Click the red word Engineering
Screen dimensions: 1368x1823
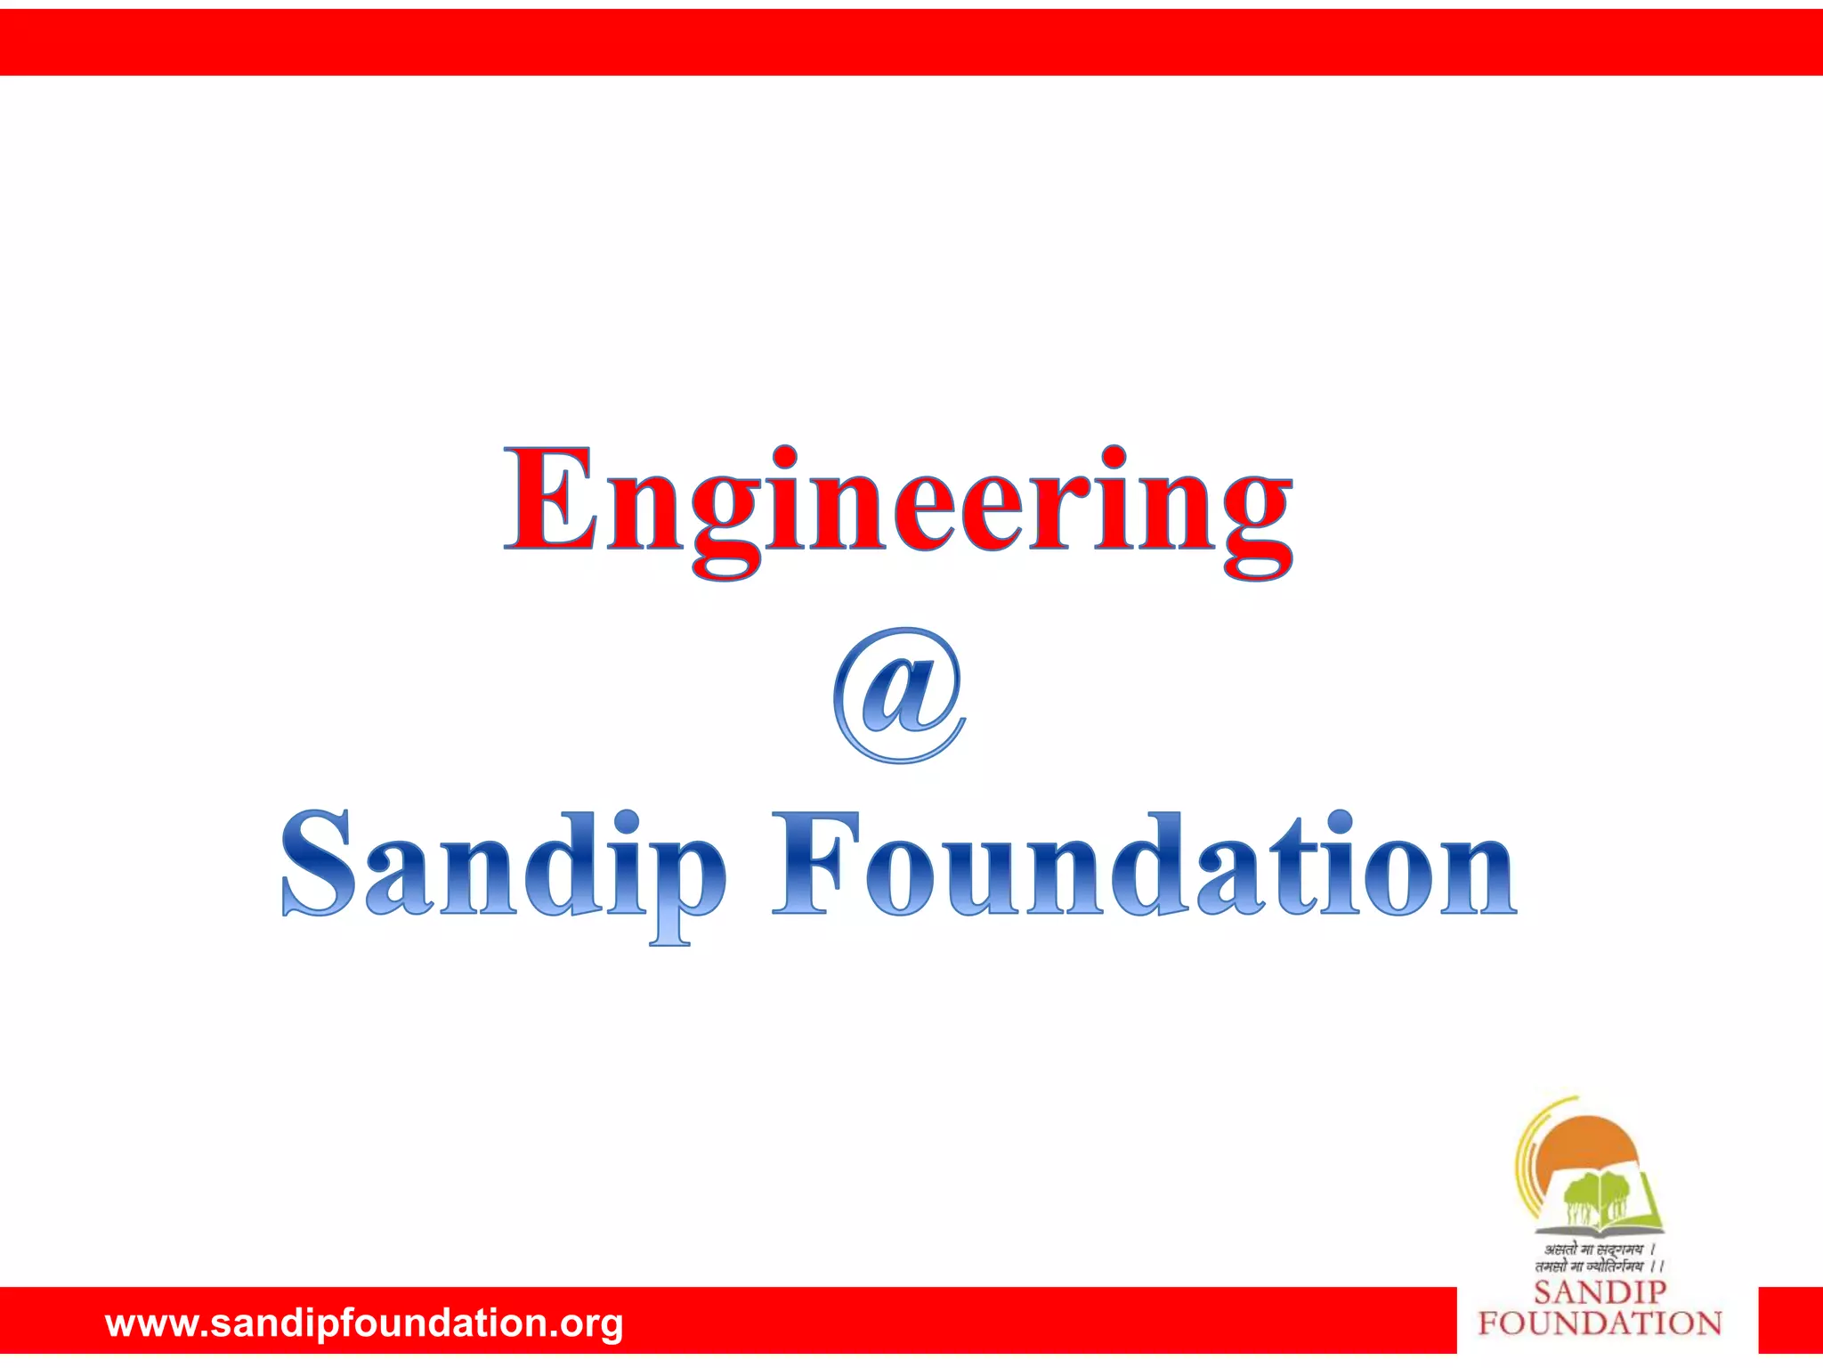897,503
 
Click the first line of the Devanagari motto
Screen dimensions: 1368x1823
1598,1250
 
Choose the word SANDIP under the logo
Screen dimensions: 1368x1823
1600,1292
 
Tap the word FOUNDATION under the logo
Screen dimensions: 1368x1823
1600,1323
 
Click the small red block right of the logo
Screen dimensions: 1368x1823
1790,1320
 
